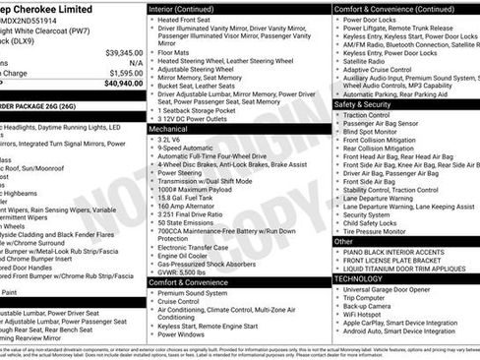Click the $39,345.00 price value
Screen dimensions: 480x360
point(124,52)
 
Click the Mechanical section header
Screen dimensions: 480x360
point(170,128)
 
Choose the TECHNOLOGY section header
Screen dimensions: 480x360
point(359,278)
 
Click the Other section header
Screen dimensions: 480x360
point(344,241)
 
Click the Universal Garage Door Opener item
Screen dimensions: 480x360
point(398,289)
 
